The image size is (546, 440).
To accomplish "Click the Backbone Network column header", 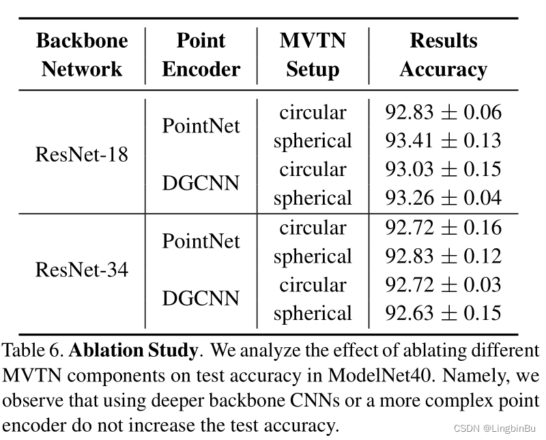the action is tap(82, 55).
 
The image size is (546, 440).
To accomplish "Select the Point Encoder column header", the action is tap(201, 55).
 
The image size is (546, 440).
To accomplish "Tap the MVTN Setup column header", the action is tap(313, 55).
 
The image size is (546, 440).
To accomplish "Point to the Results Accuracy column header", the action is tap(443, 55).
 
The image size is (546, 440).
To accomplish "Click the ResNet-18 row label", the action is tap(82, 154).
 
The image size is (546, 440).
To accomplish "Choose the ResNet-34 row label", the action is tap(82, 269).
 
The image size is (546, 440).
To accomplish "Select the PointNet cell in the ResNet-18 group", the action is tap(201, 126).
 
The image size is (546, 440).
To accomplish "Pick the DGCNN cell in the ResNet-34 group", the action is tap(201, 298).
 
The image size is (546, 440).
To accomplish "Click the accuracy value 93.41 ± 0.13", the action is tap(443, 141).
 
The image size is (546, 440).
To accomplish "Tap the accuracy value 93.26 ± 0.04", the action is tap(443, 198).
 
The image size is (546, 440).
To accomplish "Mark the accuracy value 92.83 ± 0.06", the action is tap(443, 112).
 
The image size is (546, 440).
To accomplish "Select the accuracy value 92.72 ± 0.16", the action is tap(443, 227).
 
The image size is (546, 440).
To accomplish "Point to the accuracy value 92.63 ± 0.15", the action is tap(443, 312).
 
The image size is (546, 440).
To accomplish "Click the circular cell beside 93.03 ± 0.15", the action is tap(313, 169).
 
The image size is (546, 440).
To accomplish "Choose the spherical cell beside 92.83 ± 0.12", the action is tap(313, 257).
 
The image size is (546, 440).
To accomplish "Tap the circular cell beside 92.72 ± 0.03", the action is tap(313, 284).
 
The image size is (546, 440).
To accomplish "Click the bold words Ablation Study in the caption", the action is tap(133, 350).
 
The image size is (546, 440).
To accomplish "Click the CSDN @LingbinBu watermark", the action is tap(495, 428).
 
